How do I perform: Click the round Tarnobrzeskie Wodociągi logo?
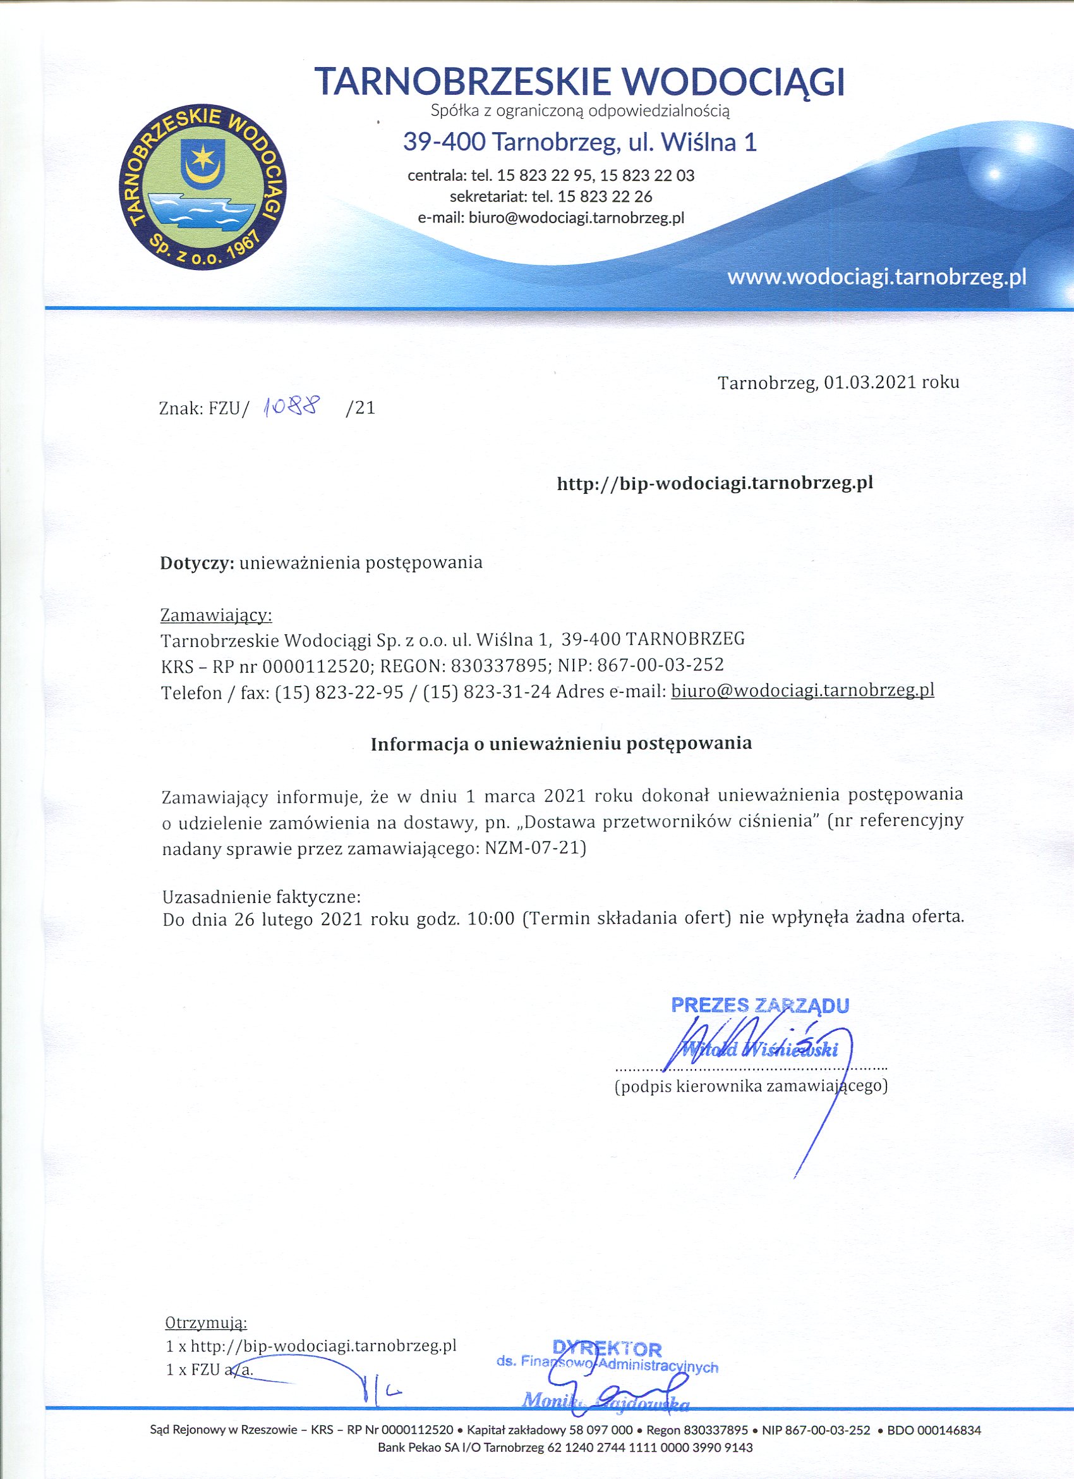click(203, 187)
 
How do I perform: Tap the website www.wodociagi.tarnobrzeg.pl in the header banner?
click(876, 278)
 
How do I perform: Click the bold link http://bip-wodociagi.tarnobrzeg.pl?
click(715, 483)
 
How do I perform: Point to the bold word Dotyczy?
click(197, 563)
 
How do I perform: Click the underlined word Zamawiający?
click(215, 615)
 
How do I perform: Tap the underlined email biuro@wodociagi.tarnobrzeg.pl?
click(802, 690)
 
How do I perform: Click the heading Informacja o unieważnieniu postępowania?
click(561, 744)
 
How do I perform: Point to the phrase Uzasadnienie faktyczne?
click(261, 897)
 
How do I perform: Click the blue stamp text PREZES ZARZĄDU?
click(760, 1005)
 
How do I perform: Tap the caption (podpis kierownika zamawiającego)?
click(751, 1087)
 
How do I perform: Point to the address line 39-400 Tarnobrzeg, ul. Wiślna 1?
click(579, 142)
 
